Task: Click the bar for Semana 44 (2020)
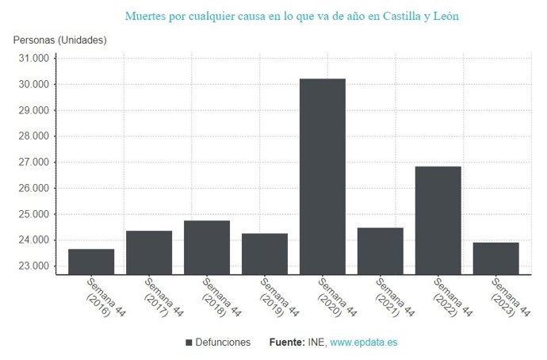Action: [x=323, y=176]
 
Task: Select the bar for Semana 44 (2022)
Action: [x=438, y=220]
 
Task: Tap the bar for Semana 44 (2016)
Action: [x=91, y=262]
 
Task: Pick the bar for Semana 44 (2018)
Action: [x=207, y=247]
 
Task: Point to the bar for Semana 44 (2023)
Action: [x=495, y=259]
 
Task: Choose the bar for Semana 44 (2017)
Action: [x=149, y=252]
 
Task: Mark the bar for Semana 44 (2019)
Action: [x=265, y=254]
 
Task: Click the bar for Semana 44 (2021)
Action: [x=380, y=251]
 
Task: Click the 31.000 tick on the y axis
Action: [x=33, y=59]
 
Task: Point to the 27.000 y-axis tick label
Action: [x=33, y=163]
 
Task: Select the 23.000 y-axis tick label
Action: [x=33, y=266]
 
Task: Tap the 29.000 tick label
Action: [x=33, y=110]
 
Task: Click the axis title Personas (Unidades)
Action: [x=60, y=40]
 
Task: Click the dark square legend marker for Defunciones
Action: [x=189, y=343]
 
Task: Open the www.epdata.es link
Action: [x=363, y=343]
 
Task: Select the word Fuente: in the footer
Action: [x=287, y=343]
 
